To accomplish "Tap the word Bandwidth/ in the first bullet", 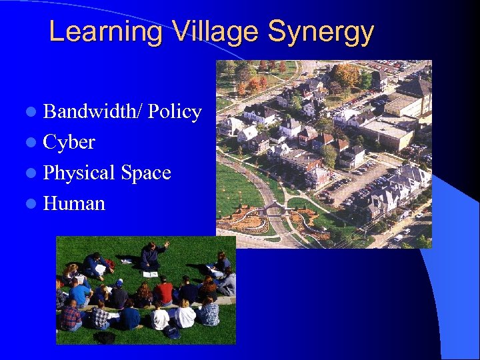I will coord(93,112).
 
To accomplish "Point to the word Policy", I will coord(175,112).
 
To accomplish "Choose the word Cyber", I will coord(69,142).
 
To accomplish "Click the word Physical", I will coord(79,173).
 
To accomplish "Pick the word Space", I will coord(146,173).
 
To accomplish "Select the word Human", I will coord(74,203).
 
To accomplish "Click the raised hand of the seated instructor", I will coord(166,245).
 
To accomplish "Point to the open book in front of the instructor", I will coord(151,274).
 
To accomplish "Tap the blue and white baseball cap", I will coord(119,283).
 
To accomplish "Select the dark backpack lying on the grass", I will coord(105,337).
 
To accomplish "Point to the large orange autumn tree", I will coord(346,74).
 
